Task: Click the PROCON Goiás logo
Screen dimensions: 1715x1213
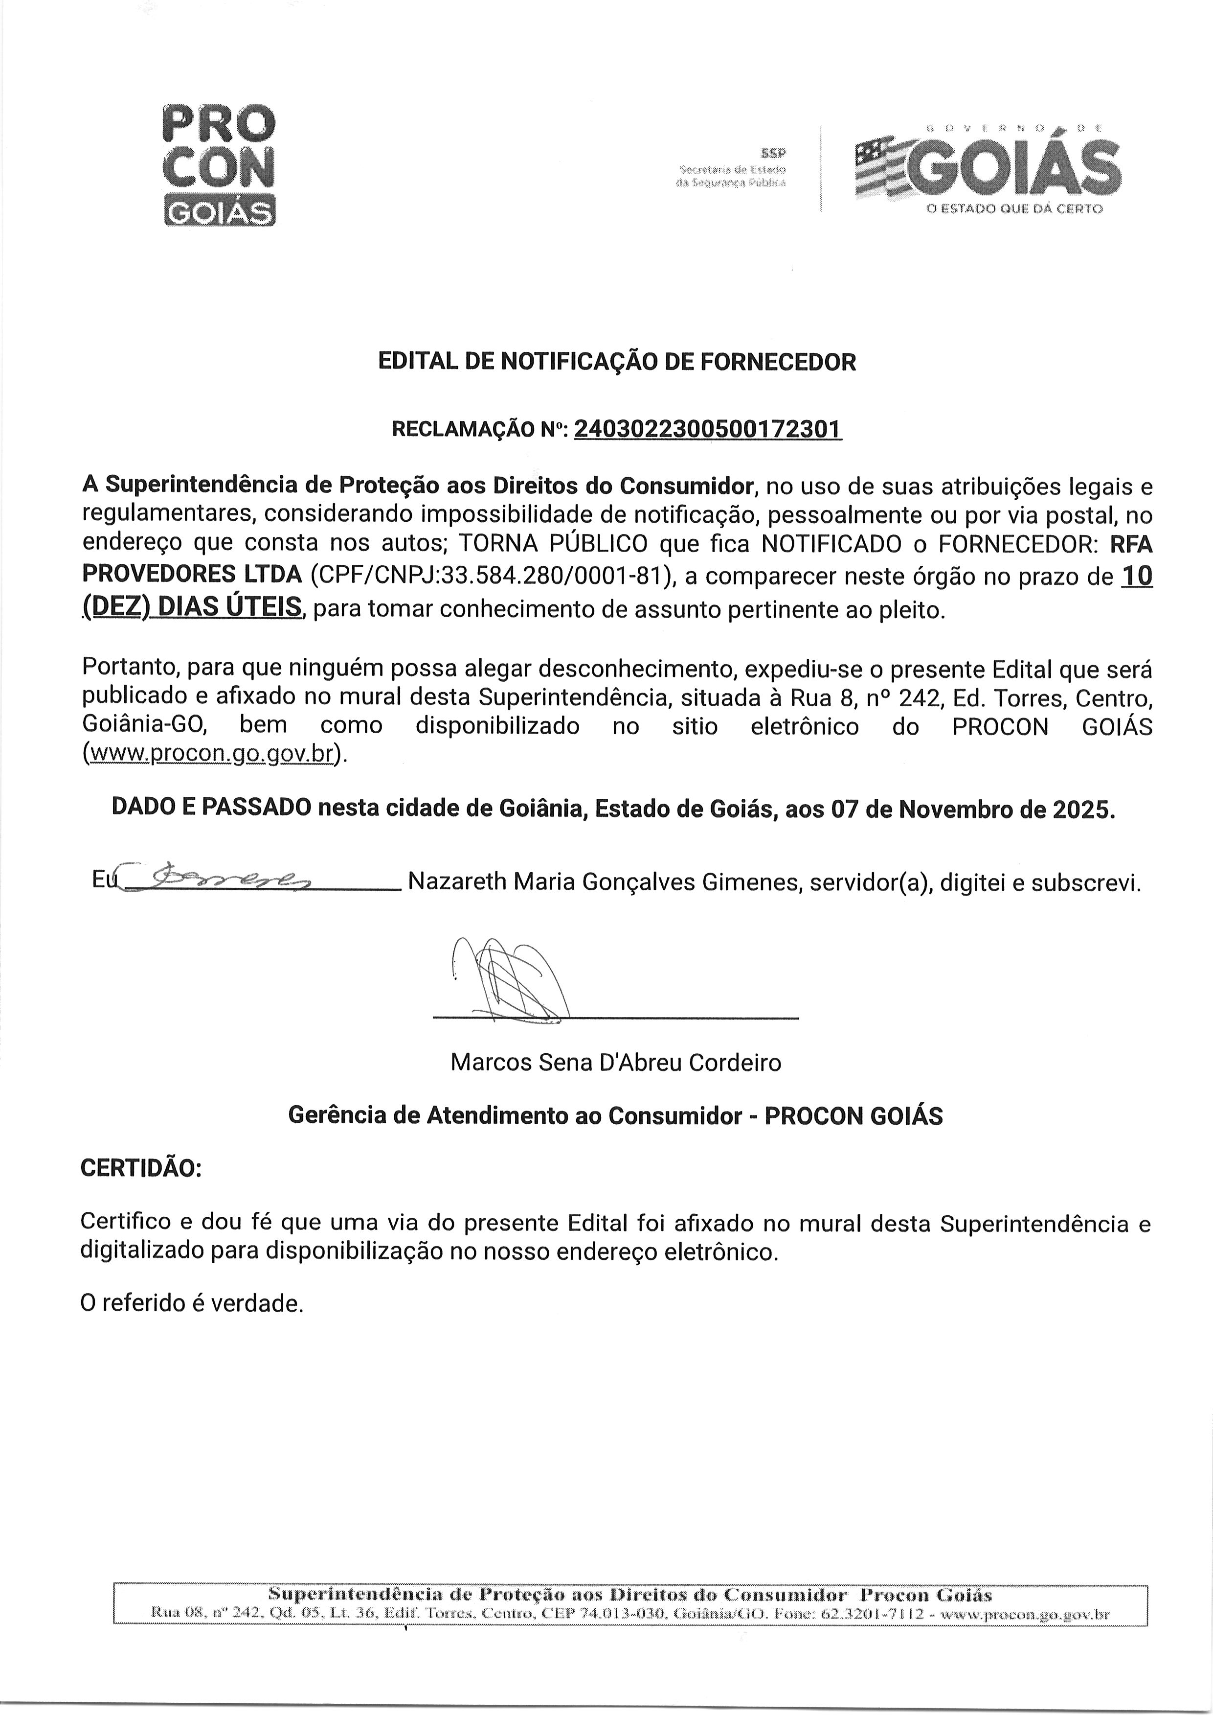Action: (x=218, y=165)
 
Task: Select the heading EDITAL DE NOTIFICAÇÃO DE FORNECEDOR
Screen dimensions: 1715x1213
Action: (x=617, y=362)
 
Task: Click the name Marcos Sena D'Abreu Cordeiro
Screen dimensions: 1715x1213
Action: (x=615, y=1063)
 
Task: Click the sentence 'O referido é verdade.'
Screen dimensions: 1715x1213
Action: (x=192, y=1304)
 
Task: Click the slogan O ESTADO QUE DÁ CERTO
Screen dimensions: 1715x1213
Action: (x=1013, y=209)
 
